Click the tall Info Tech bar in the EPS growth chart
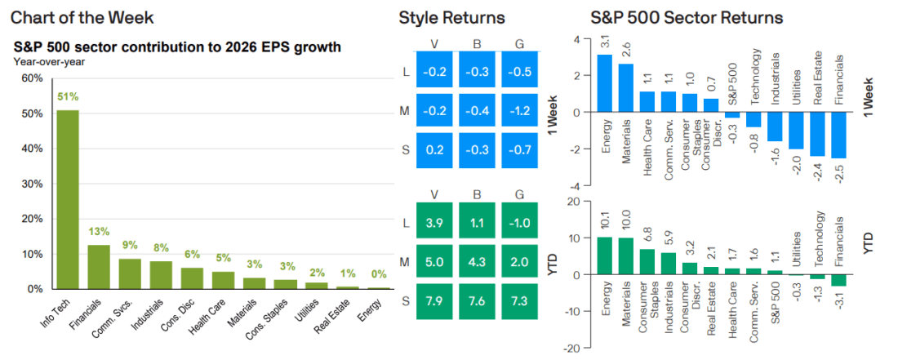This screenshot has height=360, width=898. point(67,200)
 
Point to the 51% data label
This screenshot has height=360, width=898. point(67,97)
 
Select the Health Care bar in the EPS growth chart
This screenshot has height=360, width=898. point(223,281)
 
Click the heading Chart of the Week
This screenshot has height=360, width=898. point(82,17)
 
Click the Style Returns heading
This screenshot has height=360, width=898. point(451,17)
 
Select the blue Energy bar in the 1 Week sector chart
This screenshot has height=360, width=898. point(604,83)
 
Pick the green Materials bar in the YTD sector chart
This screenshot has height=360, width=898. point(625,256)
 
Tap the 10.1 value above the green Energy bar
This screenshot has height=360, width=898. point(604,221)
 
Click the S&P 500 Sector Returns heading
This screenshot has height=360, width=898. point(687,17)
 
